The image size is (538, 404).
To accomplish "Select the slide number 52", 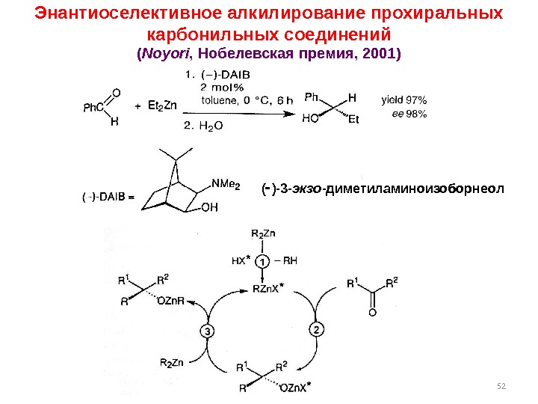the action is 501,385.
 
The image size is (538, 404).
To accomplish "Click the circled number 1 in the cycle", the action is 262,262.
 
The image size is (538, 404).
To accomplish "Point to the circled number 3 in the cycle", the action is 208,331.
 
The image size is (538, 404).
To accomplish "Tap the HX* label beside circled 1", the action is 238,262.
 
